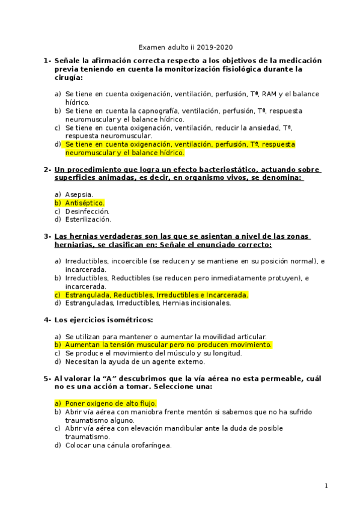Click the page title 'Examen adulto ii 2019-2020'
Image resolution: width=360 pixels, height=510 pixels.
coord(186,47)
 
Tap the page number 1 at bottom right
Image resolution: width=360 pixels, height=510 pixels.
coord(326,485)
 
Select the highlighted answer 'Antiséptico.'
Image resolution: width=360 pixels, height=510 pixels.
coord(84,203)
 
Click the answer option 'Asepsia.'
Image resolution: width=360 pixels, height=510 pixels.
coord(79,195)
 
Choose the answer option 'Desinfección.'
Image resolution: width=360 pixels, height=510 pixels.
coord(87,212)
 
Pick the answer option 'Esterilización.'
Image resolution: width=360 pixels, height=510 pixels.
coord(88,220)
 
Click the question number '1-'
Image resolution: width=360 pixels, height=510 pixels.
coord(47,61)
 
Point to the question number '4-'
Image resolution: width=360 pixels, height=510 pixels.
coord(47,320)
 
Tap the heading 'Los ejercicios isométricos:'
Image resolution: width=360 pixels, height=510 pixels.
coord(103,320)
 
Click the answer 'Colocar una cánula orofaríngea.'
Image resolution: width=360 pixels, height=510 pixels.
coord(118,445)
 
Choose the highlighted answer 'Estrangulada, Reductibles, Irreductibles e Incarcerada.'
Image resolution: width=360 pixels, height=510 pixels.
coord(156,295)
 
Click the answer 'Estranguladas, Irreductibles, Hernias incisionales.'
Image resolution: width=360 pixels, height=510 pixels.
coord(147,304)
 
